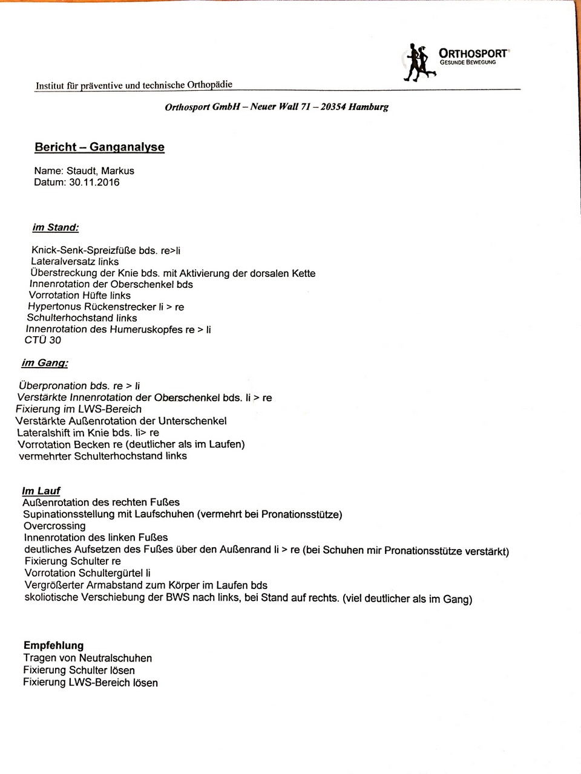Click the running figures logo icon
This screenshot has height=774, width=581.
point(419,62)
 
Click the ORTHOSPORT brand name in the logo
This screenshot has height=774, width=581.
point(474,53)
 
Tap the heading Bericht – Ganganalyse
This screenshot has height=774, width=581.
point(100,147)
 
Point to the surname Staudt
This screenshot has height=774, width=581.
point(82,171)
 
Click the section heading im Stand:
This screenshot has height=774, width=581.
point(56,228)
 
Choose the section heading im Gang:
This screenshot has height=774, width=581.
point(45,363)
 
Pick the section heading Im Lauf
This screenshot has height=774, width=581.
point(41,491)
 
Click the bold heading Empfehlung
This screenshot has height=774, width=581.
point(54,645)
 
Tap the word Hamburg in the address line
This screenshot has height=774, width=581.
point(369,107)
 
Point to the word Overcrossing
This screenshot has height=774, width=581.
point(54,526)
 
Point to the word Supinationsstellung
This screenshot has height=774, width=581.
point(68,515)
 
